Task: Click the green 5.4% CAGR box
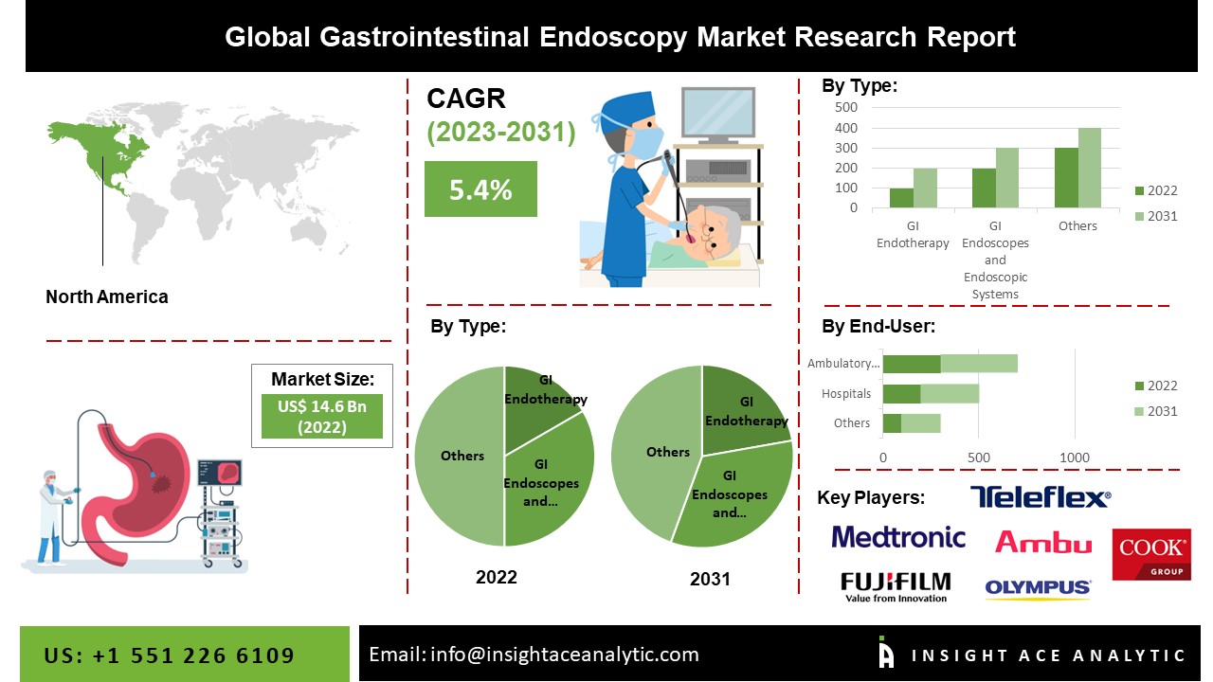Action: [x=480, y=189]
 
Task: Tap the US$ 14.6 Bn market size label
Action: [x=322, y=417]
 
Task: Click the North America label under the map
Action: [x=107, y=296]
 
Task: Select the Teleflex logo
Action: [x=1040, y=497]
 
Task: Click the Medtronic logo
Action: [x=898, y=538]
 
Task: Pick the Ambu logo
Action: [x=1042, y=542]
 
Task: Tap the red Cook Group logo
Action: [x=1151, y=554]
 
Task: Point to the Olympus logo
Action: [x=1038, y=588]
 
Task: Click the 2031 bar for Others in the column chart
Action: [x=1089, y=168]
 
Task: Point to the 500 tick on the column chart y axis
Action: [x=846, y=107]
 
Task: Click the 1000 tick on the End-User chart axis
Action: [x=1075, y=458]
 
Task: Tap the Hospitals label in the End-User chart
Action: [x=845, y=393]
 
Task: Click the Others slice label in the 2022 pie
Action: [x=462, y=456]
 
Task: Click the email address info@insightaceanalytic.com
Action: [x=534, y=654]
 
